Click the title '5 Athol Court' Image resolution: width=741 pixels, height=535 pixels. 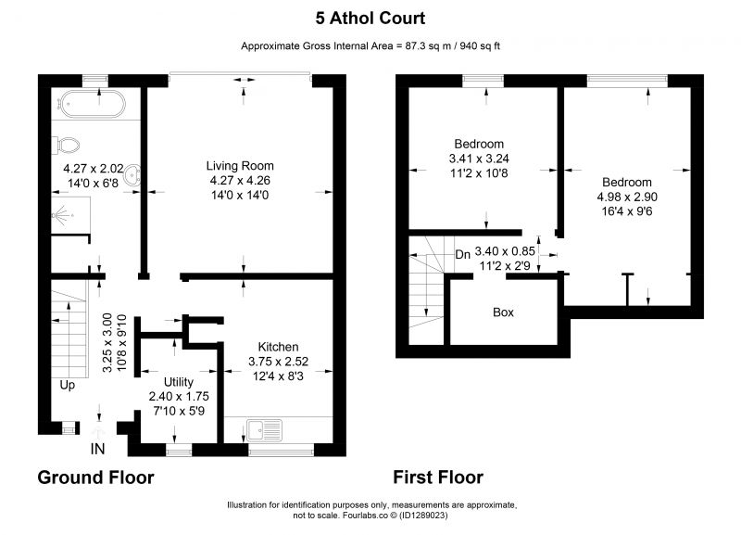tap(370, 19)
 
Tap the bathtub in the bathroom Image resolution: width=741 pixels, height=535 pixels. tap(91, 104)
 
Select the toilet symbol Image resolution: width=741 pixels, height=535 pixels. tap(65, 145)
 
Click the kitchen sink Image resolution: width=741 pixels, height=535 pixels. tap(264, 430)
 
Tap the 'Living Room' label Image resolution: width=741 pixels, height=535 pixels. tap(240, 166)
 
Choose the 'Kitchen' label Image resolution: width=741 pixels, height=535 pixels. tap(278, 347)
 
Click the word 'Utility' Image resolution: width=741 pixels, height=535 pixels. tap(179, 382)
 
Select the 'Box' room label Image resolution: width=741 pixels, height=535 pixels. tap(503, 312)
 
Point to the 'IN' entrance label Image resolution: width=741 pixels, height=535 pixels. tap(97, 449)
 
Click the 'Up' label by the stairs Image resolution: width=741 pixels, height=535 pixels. tap(67, 385)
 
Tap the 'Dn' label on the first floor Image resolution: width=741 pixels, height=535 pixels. tap(462, 254)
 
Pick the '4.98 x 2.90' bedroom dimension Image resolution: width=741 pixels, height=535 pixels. tap(627, 197)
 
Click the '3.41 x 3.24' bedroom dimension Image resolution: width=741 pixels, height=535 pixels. tap(479, 159)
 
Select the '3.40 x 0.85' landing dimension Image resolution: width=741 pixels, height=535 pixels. tap(505, 251)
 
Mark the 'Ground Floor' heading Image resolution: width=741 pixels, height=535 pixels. tap(95, 478)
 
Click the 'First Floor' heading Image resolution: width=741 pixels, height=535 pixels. tap(438, 478)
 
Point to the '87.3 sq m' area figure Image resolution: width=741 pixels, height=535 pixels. tap(428, 45)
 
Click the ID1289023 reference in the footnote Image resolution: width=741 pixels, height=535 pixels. tap(423, 516)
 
